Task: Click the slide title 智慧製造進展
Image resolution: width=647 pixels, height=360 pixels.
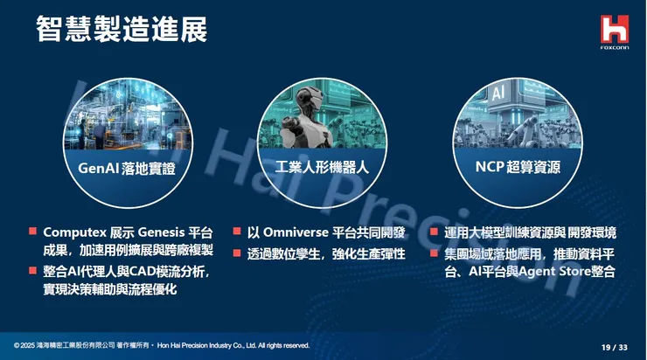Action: pyautogui.click(x=122, y=28)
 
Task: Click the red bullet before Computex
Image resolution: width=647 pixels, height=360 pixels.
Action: pyautogui.click(x=32, y=232)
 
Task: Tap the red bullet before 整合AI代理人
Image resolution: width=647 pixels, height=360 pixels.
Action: pyautogui.click(x=32, y=271)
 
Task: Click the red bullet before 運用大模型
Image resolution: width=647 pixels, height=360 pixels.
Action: pyautogui.click(x=435, y=232)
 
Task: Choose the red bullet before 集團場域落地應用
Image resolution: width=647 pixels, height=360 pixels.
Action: pyautogui.click(x=435, y=253)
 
